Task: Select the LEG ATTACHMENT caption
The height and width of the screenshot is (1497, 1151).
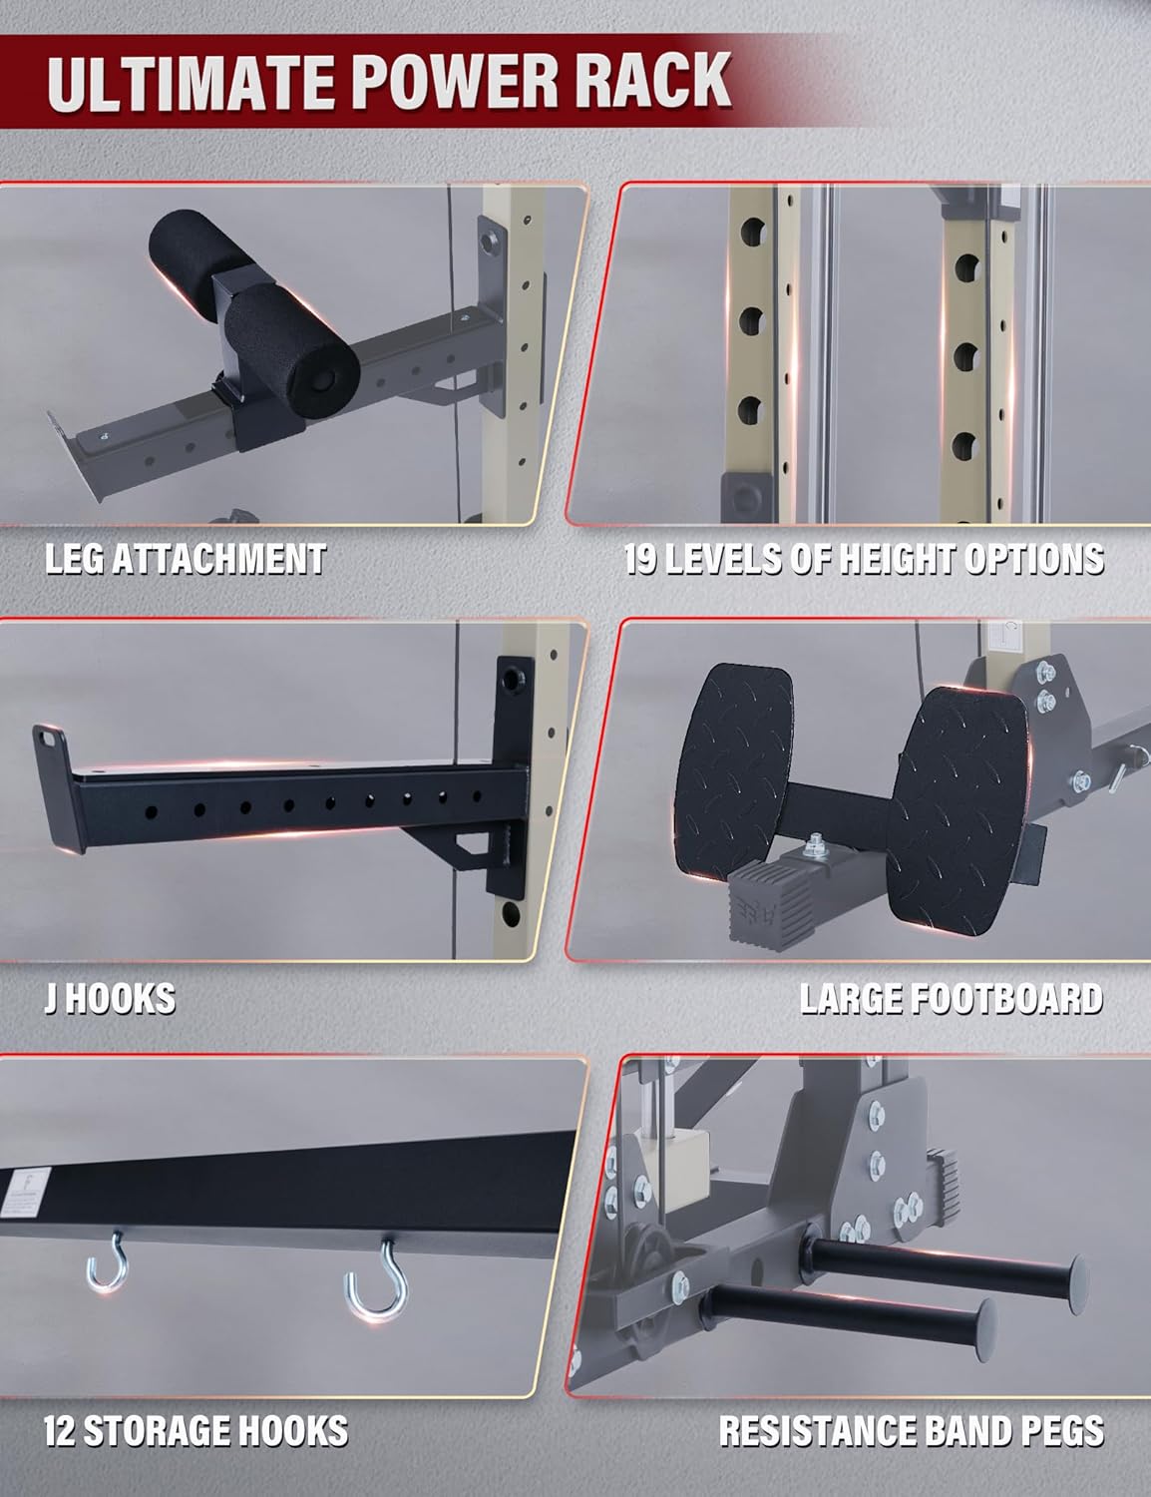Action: (x=186, y=559)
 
